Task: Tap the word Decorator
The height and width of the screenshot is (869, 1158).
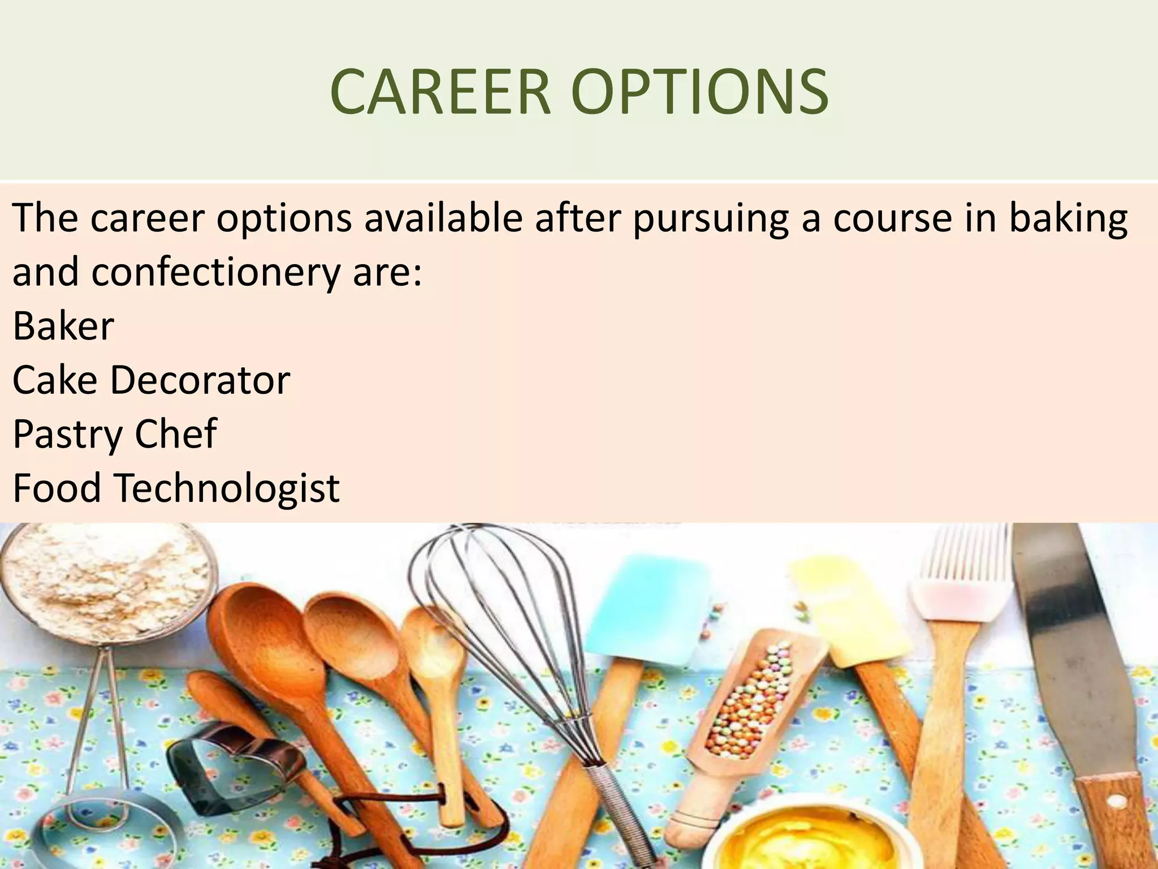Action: tap(200, 380)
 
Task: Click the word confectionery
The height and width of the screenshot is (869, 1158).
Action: tap(215, 273)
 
